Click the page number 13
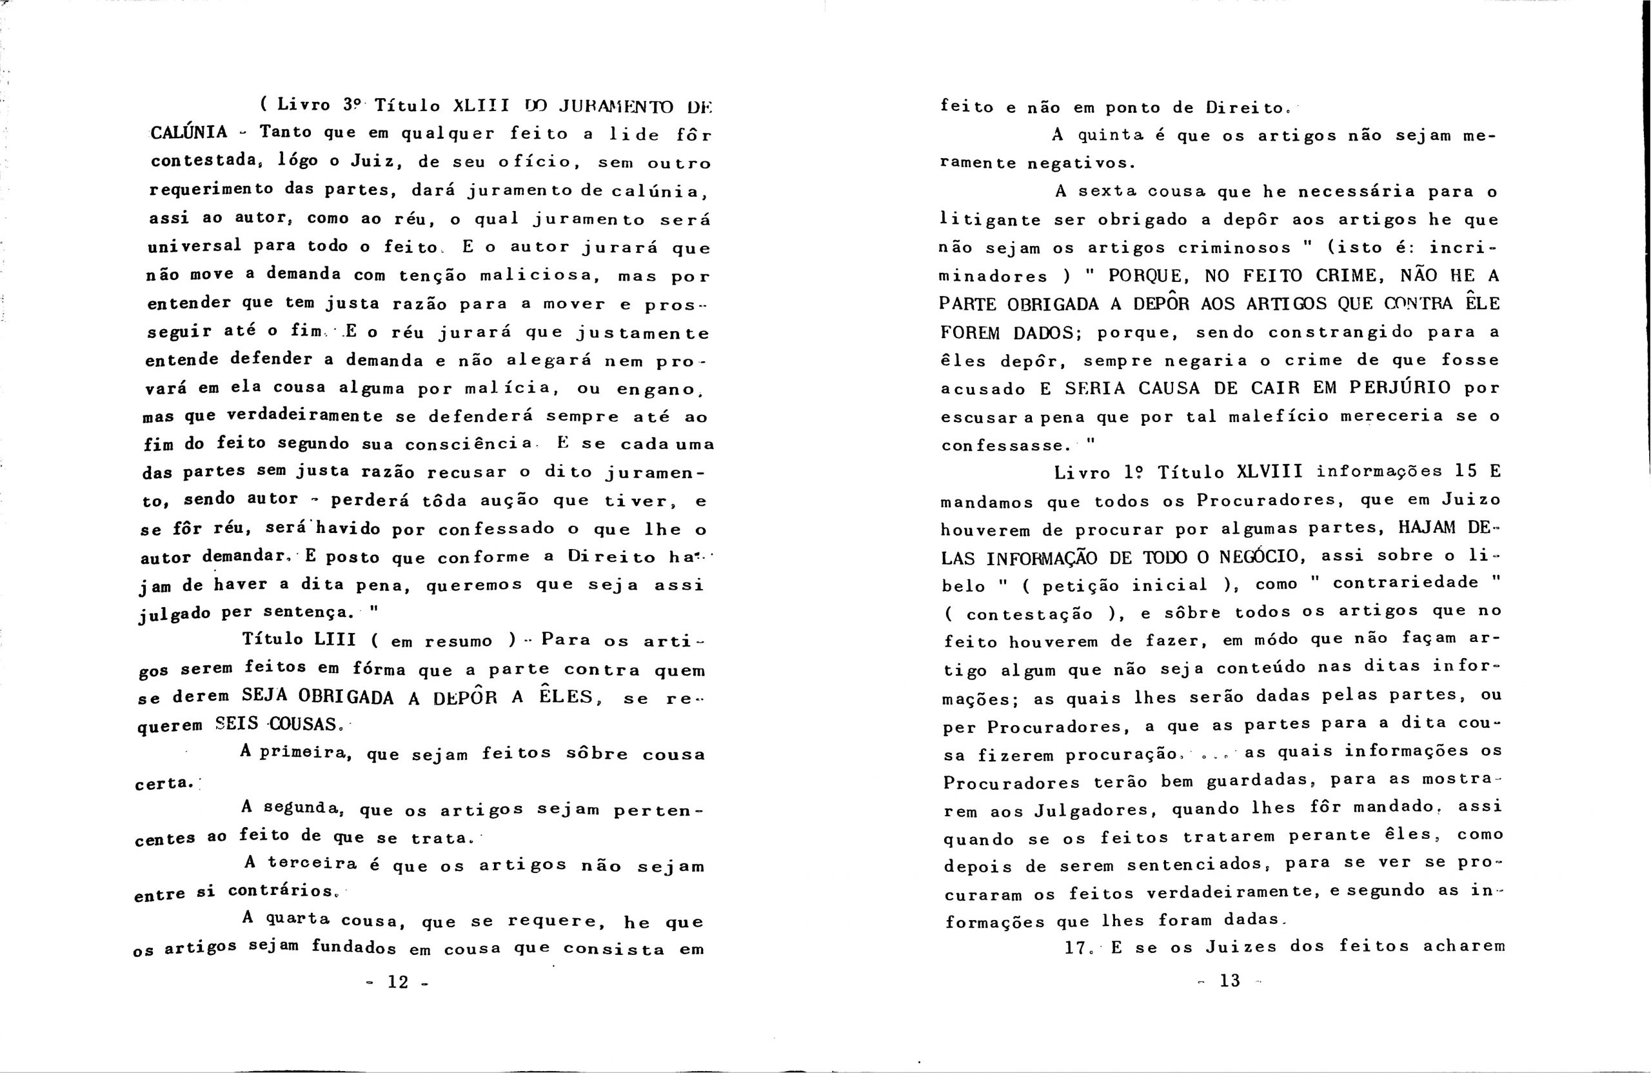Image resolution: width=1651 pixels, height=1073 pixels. point(1229,981)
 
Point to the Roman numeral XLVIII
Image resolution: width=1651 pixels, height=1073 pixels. point(1269,472)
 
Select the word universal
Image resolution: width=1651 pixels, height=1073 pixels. point(194,246)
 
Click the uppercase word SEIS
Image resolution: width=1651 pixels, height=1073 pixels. point(236,724)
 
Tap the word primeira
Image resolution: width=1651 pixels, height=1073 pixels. point(302,752)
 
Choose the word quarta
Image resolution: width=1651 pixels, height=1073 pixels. point(297,919)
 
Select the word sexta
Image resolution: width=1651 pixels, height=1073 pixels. point(1115,191)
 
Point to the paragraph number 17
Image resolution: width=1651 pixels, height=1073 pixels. point(1076,947)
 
